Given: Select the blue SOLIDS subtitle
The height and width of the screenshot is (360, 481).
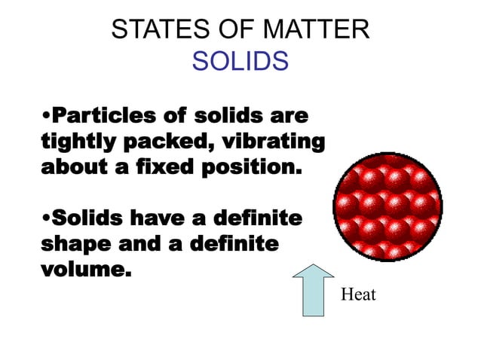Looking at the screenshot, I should coord(240,61).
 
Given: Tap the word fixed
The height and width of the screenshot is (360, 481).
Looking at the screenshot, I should coord(170,166).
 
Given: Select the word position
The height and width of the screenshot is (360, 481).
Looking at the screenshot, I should coord(253,167).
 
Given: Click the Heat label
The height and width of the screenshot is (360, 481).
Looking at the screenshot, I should coord(359,294).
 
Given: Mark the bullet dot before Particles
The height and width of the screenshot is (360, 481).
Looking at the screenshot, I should coord(45,118).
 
